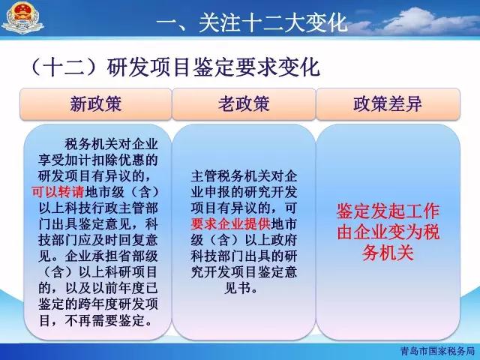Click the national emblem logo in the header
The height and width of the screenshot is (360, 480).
point(22,18)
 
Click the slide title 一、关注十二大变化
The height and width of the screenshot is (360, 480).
point(252,22)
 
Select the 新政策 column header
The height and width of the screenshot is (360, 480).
point(96,103)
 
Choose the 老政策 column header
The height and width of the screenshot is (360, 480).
point(244,103)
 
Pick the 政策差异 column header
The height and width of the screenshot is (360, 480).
point(388,103)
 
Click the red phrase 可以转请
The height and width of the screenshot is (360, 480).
point(58,192)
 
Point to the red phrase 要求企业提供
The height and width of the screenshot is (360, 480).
point(231,224)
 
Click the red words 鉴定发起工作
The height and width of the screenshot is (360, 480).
point(388,211)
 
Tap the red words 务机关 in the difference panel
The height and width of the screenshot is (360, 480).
point(388,253)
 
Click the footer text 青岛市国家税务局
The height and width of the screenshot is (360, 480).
point(437,351)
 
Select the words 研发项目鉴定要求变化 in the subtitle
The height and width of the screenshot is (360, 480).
point(213,67)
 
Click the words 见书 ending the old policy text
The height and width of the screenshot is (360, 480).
point(237,288)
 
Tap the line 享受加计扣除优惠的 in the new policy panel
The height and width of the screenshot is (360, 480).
point(98,160)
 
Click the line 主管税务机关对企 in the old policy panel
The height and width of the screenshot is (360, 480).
point(244,177)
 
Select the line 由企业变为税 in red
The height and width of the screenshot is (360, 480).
point(388,232)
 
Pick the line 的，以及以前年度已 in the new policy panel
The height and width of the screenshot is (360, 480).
point(98,288)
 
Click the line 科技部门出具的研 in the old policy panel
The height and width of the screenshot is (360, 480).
point(244,256)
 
